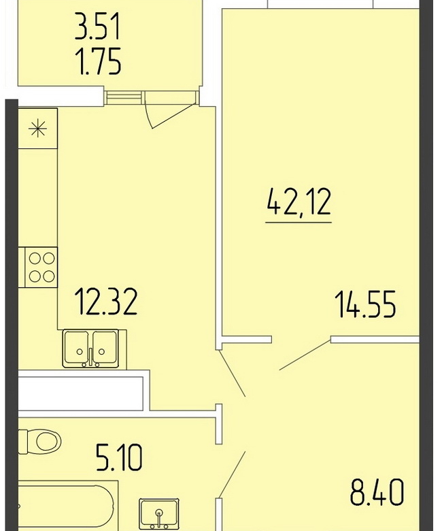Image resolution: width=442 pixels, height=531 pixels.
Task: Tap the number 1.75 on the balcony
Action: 99,62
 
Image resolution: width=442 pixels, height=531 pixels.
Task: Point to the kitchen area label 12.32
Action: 105,301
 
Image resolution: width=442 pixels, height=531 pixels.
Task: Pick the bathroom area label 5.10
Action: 119,458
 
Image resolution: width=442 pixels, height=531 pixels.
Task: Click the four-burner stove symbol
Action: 38,268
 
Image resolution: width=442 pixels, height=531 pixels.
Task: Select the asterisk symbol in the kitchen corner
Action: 38,129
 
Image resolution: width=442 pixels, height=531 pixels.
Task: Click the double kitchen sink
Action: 90,349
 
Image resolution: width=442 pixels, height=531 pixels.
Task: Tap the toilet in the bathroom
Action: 40,441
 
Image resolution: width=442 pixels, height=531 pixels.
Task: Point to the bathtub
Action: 67,506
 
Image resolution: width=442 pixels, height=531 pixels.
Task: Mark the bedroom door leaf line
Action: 305,355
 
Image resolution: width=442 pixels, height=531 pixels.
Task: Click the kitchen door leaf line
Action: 232,373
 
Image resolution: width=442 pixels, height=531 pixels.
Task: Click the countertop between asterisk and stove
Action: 38,198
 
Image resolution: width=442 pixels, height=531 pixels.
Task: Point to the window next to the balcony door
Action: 123,97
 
